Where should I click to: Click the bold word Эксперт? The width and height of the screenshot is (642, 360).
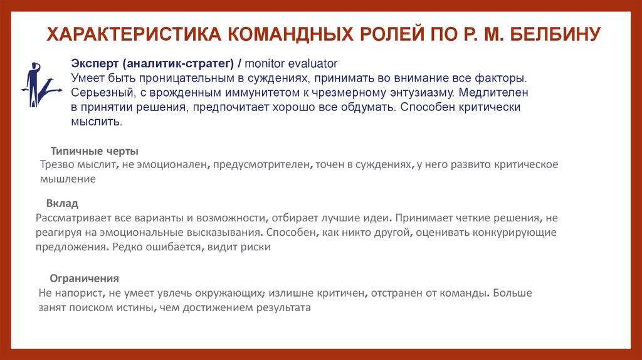[95, 64]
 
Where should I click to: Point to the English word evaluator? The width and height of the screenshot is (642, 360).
[314, 64]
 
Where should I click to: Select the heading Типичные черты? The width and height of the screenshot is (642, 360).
[94, 151]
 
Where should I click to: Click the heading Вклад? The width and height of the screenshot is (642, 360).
[62, 204]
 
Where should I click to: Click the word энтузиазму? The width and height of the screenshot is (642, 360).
[408, 93]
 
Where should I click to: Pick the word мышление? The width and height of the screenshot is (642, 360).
[68, 179]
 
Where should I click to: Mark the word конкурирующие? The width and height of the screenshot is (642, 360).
[517, 232]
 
